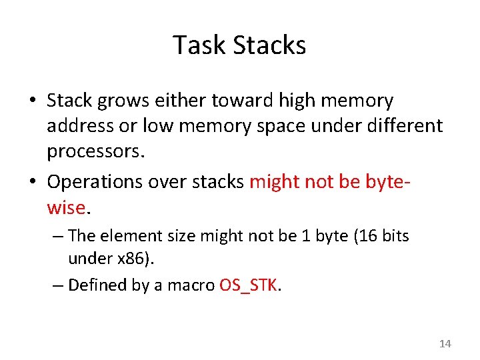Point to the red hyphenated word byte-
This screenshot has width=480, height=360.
385,181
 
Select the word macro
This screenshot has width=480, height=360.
191,285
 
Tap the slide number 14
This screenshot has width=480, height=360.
445,344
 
